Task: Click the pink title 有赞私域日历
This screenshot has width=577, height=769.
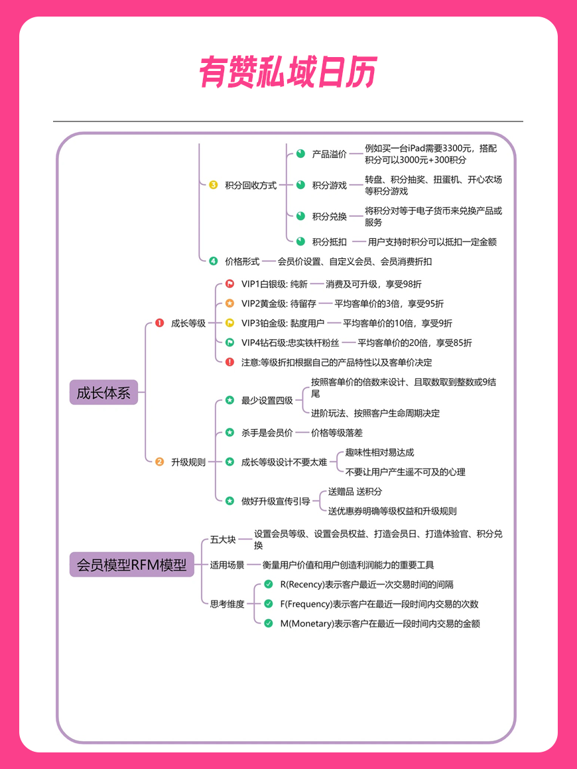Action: point(288,72)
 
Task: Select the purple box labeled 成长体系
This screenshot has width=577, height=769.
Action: point(103,392)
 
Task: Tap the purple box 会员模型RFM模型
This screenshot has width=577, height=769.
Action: point(132,565)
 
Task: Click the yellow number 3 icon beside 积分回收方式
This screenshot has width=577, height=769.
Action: point(214,185)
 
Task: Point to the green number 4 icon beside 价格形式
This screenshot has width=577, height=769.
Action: point(214,261)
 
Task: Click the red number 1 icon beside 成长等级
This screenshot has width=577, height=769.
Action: point(159,322)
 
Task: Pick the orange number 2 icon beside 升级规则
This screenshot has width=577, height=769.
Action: point(159,462)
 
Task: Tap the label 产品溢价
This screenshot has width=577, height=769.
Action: point(330,154)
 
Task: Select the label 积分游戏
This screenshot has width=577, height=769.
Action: point(330,185)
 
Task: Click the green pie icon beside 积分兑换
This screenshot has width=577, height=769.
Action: point(300,216)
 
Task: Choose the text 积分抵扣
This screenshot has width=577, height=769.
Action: point(330,242)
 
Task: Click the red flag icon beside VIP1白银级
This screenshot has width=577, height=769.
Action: point(229,283)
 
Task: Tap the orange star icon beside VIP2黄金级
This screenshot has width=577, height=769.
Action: point(229,303)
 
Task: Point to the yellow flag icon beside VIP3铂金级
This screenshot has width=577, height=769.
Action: point(229,322)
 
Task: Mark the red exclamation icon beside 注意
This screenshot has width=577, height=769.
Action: point(229,362)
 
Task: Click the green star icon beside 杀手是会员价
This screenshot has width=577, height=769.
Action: point(229,432)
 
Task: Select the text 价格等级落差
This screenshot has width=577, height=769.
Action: point(337,433)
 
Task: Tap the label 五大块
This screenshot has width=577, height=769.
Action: point(223,539)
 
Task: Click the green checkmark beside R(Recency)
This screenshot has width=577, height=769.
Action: point(268,584)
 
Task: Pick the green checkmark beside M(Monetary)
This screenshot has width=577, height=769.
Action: point(268,623)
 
